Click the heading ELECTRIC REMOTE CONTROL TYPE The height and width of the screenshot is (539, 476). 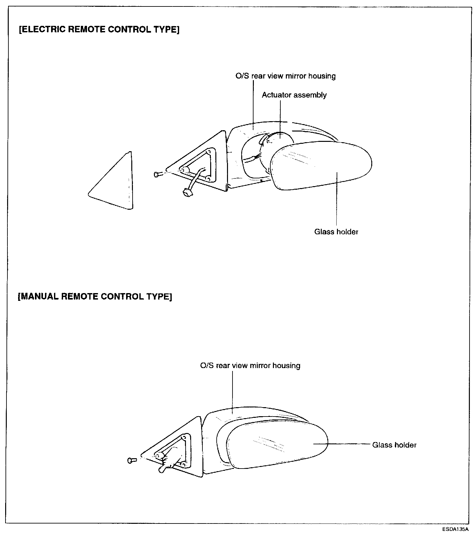[99, 30]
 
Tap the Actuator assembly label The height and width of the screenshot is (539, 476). [294, 95]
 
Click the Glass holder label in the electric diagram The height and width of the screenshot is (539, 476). [336, 232]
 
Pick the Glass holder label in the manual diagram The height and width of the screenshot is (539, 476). [394, 445]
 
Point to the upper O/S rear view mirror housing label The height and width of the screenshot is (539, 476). [286, 76]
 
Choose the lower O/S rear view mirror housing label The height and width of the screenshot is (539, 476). [250, 365]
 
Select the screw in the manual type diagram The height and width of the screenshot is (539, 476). [132, 460]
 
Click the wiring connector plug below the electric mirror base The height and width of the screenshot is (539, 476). [187, 193]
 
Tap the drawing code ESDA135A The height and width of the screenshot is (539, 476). [455, 530]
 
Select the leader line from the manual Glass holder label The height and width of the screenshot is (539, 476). [349, 444]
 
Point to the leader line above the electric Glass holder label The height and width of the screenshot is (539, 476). [336, 200]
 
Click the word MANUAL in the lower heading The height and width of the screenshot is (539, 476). [38, 297]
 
